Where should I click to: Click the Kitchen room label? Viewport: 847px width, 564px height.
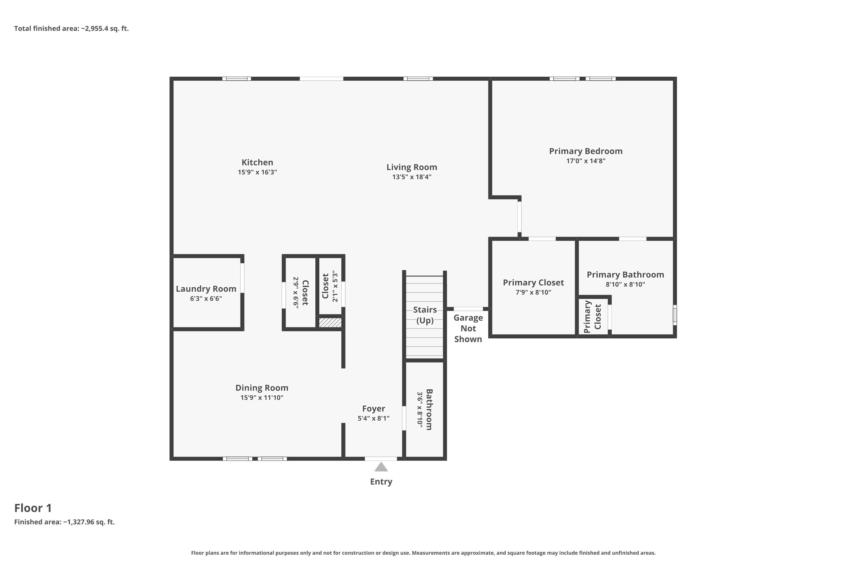[x=257, y=162]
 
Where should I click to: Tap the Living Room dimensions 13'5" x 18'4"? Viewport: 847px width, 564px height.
[x=412, y=177]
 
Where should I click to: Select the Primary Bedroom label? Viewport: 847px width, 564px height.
[x=586, y=151]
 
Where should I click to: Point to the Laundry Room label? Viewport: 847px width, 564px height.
[x=206, y=288]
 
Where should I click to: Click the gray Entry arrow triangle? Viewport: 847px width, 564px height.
[x=381, y=467]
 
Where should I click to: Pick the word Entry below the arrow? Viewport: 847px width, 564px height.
[x=381, y=482]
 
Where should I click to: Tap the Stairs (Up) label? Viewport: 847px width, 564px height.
[x=425, y=315]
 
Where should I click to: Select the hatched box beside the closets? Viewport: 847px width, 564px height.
[x=330, y=322]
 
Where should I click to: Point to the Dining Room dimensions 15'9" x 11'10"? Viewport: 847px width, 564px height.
[x=262, y=397]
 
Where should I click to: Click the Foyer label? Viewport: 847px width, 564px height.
[x=374, y=408]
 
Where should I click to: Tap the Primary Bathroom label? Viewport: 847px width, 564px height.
[x=625, y=274]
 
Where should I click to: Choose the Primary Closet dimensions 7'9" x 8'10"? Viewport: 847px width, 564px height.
[x=533, y=292]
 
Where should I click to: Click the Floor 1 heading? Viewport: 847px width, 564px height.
[x=33, y=508]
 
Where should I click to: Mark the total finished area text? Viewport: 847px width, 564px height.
[x=71, y=28]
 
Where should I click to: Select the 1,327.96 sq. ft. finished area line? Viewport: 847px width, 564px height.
[x=64, y=522]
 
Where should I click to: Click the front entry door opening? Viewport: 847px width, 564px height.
[x=381, y=459]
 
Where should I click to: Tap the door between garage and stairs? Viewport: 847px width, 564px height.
[x=468, y=309]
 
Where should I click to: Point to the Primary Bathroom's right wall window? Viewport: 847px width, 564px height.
[x=675, y=315]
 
